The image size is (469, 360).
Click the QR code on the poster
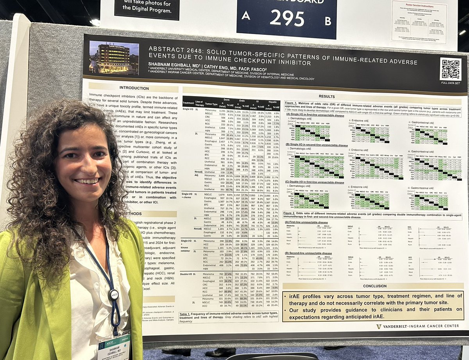450,70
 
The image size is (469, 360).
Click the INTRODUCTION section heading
134,88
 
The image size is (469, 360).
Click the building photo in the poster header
114,57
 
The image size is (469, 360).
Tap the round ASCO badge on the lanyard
113,294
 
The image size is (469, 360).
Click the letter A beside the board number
245,16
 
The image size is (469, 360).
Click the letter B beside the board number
328,18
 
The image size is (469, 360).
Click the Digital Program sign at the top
147,8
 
